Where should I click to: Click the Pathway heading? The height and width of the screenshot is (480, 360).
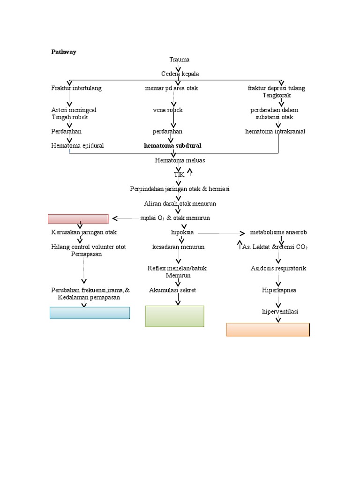point(64,52)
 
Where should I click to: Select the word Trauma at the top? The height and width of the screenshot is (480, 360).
point(180,60)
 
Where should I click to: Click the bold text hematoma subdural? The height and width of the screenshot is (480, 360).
point(172,146)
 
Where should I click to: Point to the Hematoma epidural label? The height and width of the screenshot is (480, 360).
point(77,146)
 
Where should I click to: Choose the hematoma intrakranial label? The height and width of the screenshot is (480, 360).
point(275,131)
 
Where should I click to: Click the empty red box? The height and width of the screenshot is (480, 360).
point(78,218)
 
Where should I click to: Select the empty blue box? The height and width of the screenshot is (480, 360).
point(90,313)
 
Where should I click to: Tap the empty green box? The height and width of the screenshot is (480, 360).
point(175,316)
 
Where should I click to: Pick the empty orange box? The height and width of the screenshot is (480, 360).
point(268,330)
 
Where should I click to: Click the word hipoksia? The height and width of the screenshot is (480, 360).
point(182,232)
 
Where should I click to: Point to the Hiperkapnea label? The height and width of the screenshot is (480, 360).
point(279,290)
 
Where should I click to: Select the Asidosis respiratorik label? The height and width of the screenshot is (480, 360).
point(278,269)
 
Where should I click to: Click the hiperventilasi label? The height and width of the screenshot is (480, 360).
point(280,312)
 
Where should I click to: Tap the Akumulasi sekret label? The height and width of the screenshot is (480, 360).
point(172,290)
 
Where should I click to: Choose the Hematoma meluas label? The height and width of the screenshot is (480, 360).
point(180,160)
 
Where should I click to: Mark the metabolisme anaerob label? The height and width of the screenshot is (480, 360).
point(278,232)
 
